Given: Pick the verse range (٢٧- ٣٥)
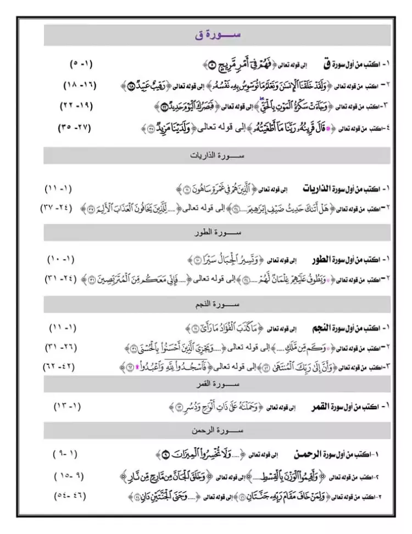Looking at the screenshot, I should point(75,127).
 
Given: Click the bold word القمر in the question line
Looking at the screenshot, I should point(318,407).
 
